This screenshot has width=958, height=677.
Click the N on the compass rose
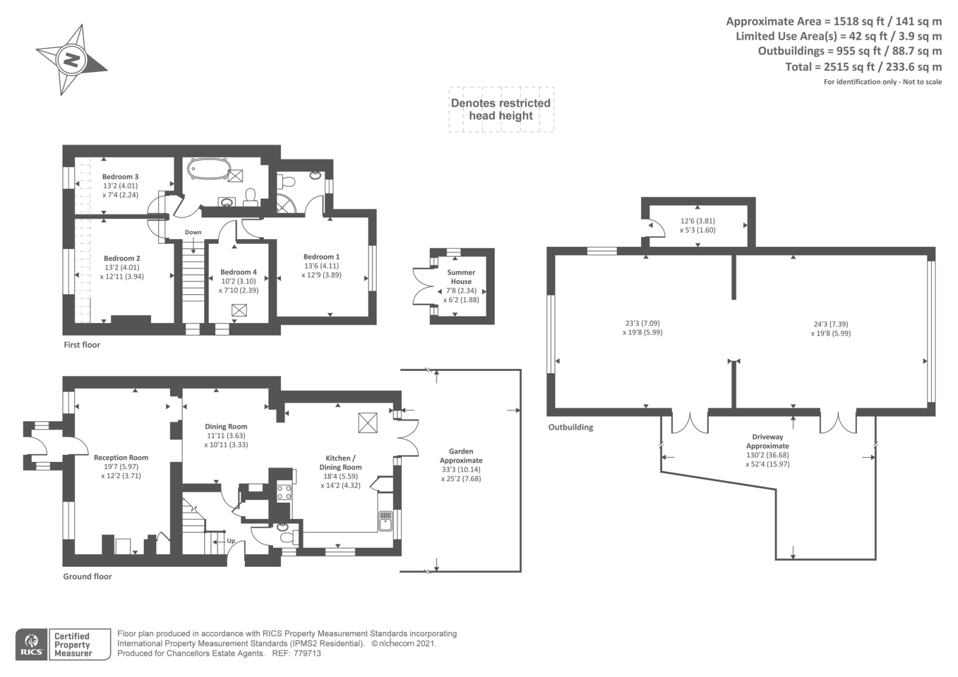(x=72, y=59)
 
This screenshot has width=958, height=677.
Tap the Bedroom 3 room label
(x=120, y=177)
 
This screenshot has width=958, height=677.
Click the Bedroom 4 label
(x=238, y=272)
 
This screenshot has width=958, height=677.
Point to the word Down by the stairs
(x=193, y=232)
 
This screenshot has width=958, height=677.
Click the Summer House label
(x=461, y=277)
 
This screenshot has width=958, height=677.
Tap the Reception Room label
(x=121, y=458)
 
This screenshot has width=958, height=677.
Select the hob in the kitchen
(x=284, y=492)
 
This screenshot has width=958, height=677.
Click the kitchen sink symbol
(x=385, y=521)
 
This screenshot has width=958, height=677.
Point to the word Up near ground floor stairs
(x=231, y=541)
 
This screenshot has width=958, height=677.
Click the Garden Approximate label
(x=461, y=456)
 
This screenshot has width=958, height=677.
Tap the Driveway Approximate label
(x=768, y=442)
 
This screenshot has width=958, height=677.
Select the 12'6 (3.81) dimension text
(x=698, y=221)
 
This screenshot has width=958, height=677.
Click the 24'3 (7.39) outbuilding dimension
(x=831, y=324)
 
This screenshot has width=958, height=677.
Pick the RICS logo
(x=32, y=644)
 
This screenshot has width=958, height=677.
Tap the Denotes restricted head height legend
(x=501, y=109)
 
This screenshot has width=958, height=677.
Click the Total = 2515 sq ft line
(x=863, y=67)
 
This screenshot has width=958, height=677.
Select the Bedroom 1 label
(x=321, y=257)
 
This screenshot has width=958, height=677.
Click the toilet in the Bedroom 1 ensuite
(x=286, y=180)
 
